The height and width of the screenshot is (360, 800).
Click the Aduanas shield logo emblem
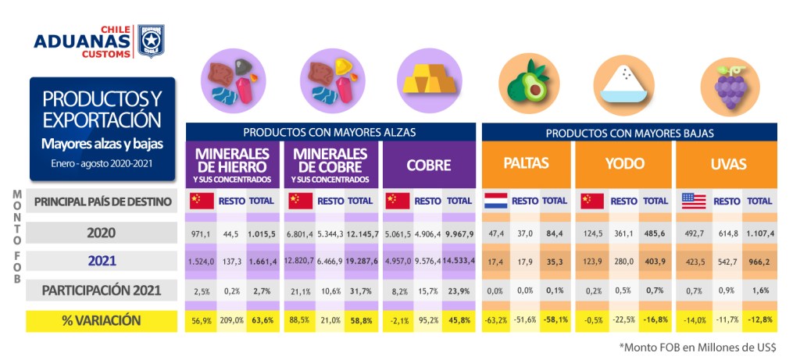pyautogui.click(x=151, y=41)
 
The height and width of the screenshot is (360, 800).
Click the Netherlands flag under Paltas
pyautogui.click(x=495, y=200)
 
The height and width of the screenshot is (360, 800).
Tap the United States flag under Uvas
pyautogui.click(x=693, y=200)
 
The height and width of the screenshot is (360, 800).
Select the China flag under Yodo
pyautogui.click(x=591, y=200)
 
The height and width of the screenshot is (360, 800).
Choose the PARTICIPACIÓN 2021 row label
pyautogui.click(x=102, y=290)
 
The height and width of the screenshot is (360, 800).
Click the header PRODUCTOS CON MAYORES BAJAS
pyautogui.click(x=629, y=133)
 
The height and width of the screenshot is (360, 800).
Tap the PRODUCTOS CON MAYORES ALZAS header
pyautogui.click(x=329, y=132)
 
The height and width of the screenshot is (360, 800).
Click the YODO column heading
pyautogui.click(x=624, y=164)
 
